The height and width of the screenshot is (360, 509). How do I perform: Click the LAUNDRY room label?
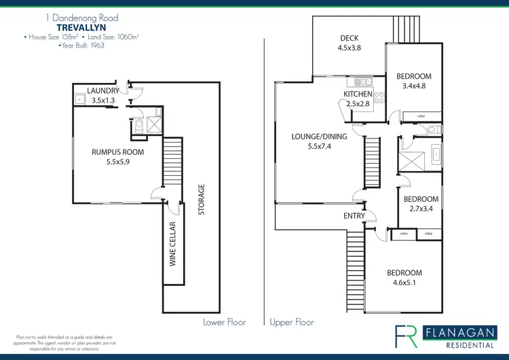point(103,90)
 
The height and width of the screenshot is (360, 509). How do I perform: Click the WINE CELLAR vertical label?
point(173,242)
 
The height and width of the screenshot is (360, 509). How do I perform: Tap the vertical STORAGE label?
point(202,200)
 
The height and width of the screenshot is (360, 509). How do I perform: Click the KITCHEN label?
point(358,94)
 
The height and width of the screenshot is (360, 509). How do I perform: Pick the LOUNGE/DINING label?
point(319,137)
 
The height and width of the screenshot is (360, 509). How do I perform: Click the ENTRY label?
point(354,216)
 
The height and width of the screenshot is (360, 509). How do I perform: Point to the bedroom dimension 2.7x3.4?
point(421,209)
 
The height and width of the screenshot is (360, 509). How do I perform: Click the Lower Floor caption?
point(225,322)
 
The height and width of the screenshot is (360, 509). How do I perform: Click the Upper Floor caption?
point(292,322)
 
